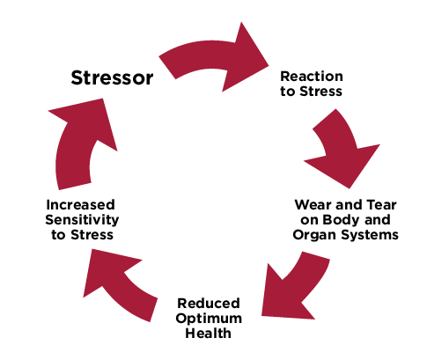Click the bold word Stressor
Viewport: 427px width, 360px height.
coord(112,77)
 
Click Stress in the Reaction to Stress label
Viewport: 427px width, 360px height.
coord(319,91)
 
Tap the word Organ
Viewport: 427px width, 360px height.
coord(314,235)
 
